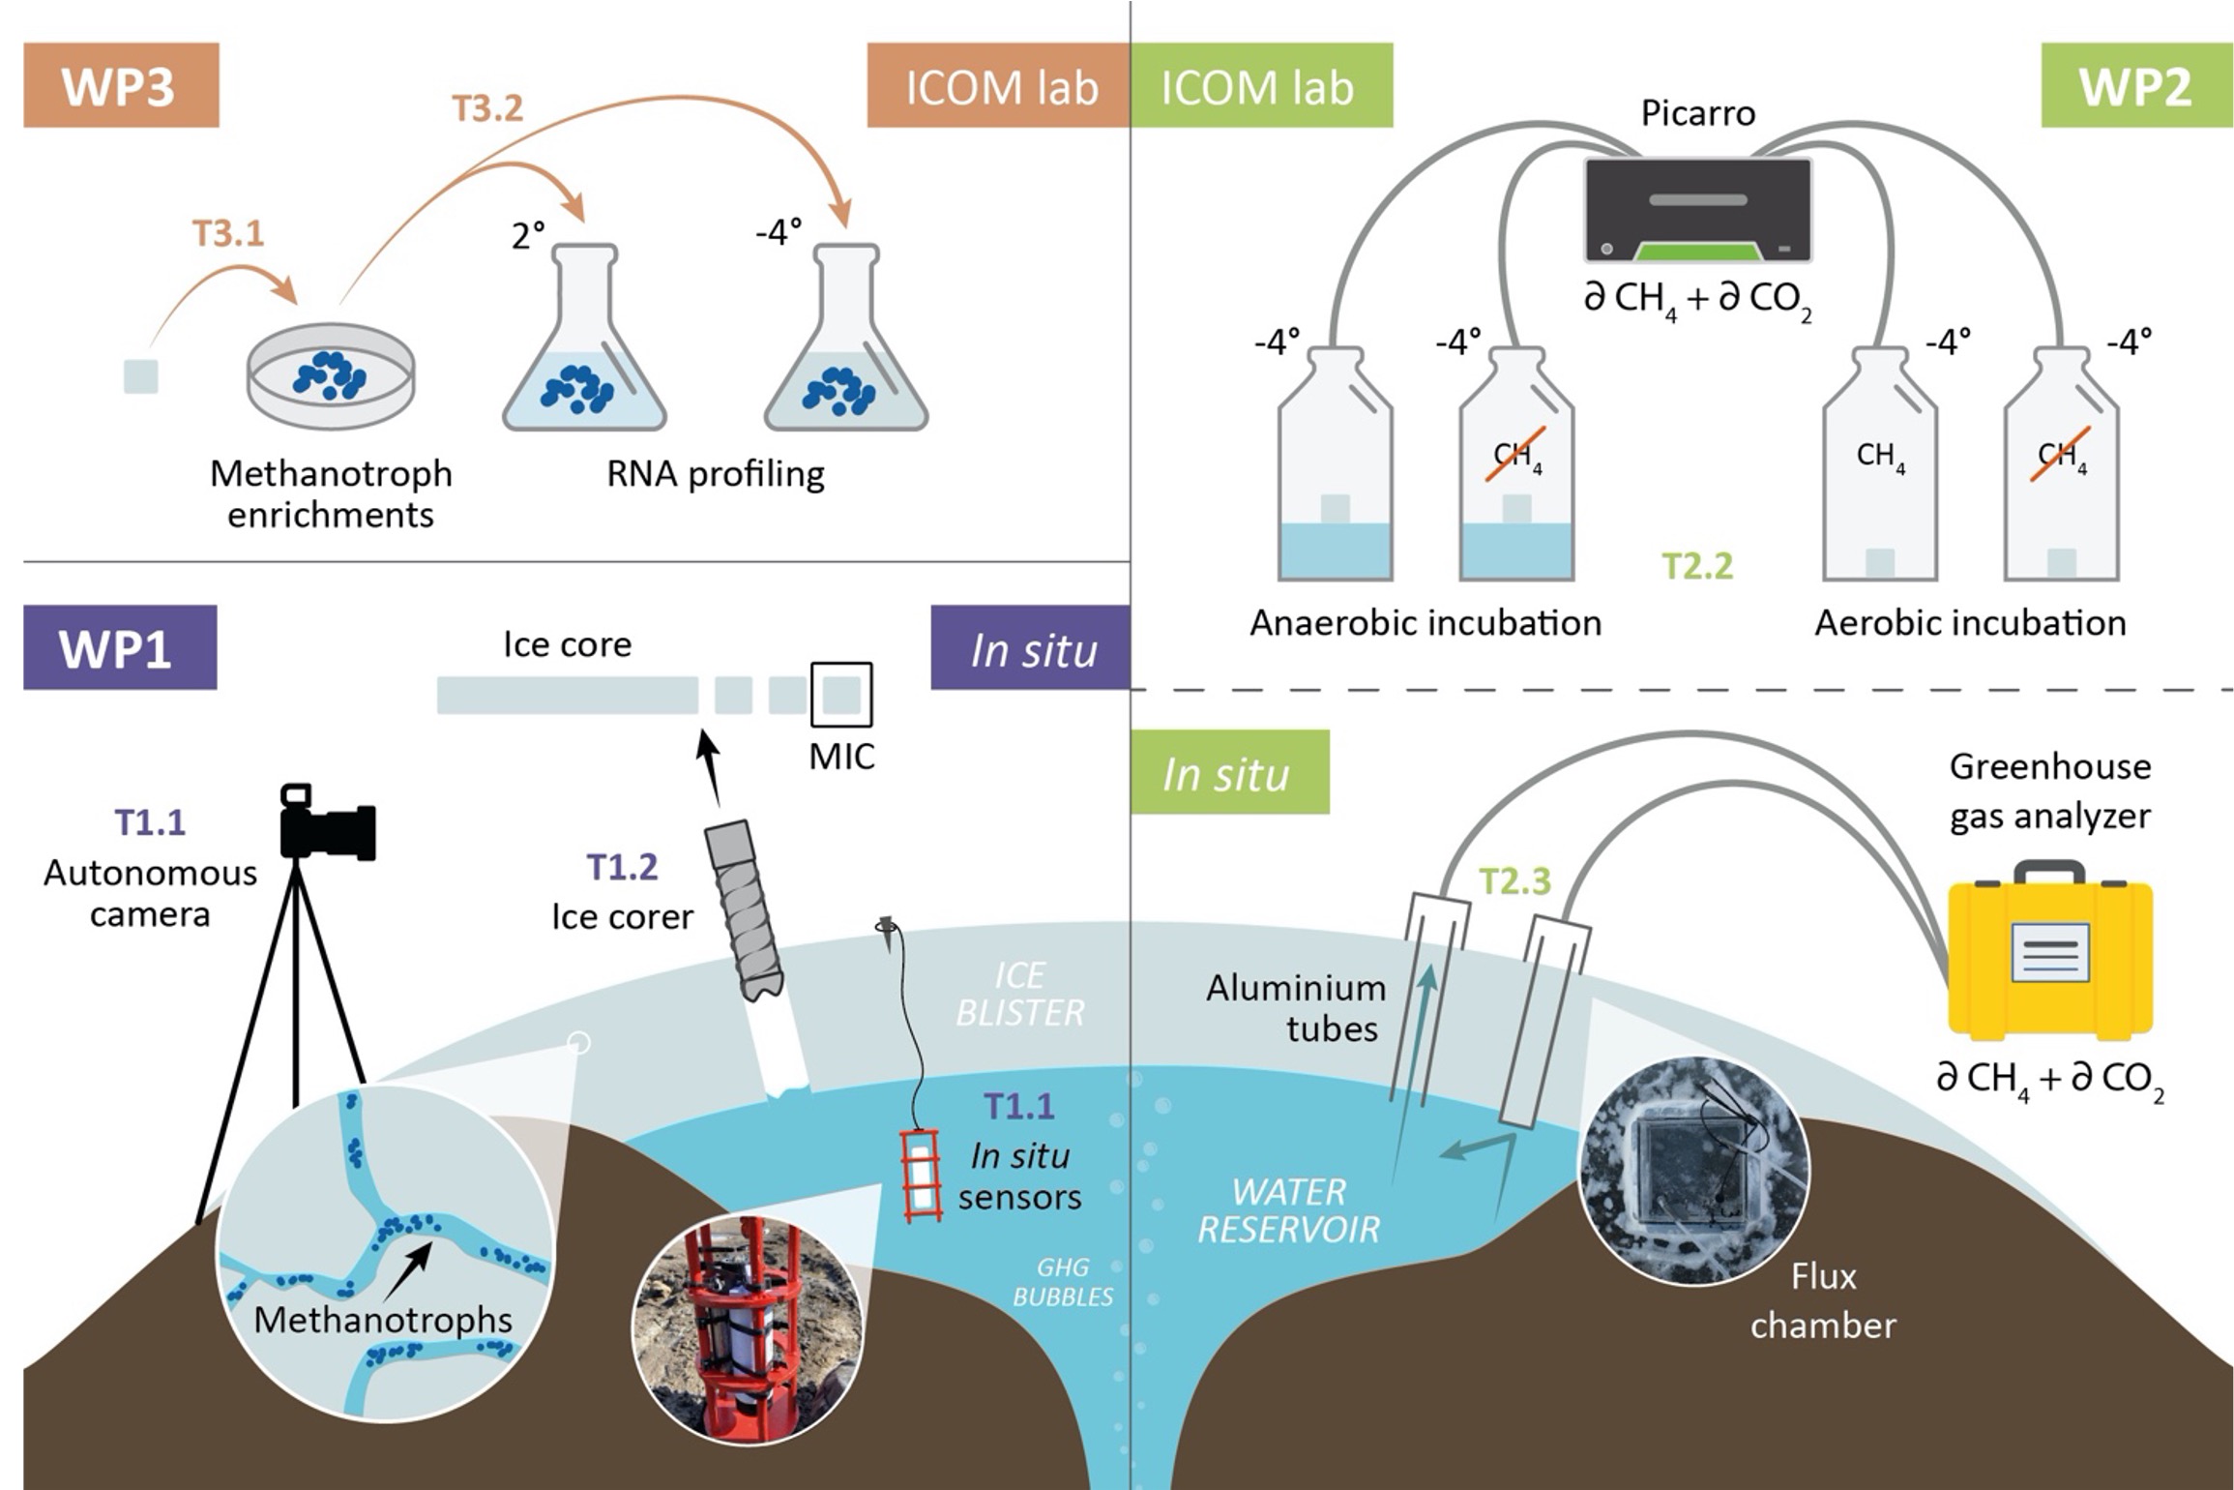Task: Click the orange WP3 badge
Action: pos(121,85)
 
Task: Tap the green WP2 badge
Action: pos(2134,85)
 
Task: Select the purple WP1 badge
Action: pos(119,647)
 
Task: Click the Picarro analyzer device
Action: pos(1697,210)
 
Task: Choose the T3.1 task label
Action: pos(228,233)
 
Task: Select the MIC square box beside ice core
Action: pos(840,695)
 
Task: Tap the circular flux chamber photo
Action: pos(1692,1171)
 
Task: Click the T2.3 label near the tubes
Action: pos(1514,880)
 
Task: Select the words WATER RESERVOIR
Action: pos(1288,1209)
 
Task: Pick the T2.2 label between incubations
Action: pos(1697,566)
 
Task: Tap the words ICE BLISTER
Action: pos(1019,994)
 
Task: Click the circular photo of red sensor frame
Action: pos(747,1330)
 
